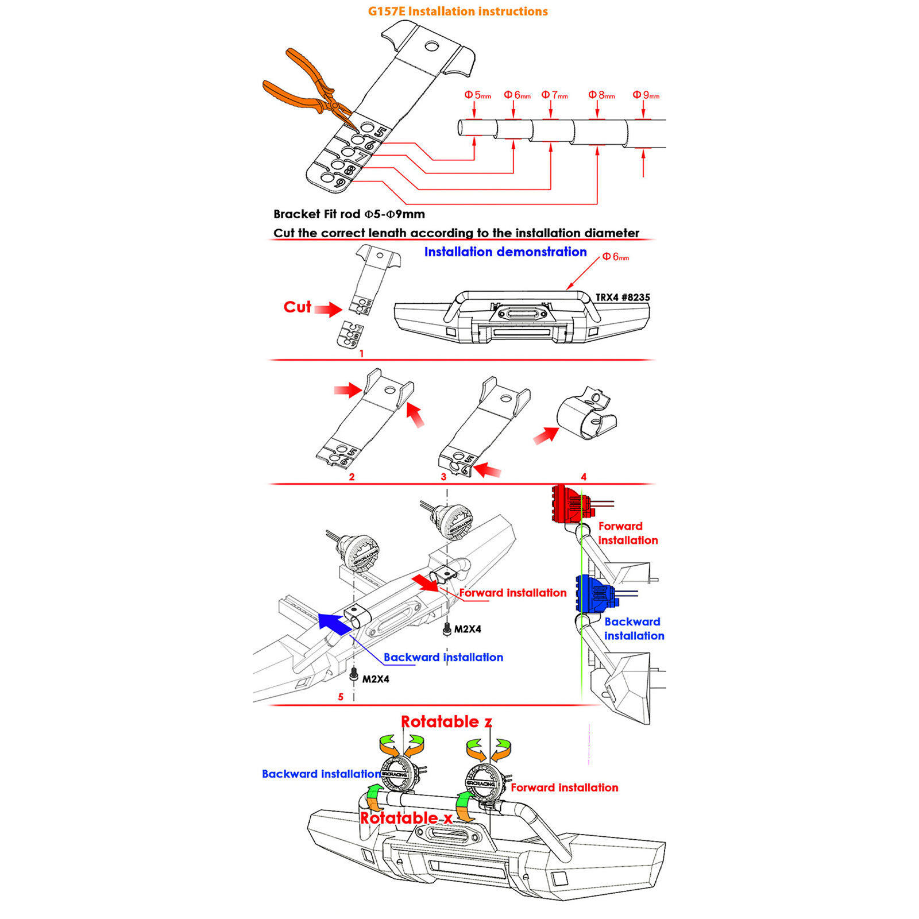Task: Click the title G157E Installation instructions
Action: pyautogui.click(x=458, y=11)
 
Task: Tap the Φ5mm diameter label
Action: pyautogui.click(x=477, y=95)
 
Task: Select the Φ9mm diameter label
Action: pyautogui.click(x=646, y=95)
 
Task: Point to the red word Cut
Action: pyautogui.click(x=297, y=307)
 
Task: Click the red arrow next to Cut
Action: pyautogui.click(x=329, y=310)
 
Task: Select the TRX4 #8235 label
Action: pyautogui.click(x=623, y=298)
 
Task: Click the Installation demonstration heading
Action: pyautogui.click(x=505, y=252)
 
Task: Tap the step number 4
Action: pyautogui.click(x=584, y=477)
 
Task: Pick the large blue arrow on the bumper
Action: pyautogui.click(x=334, y=624)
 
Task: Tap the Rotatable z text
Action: pyautogui.click(x=446, y=722)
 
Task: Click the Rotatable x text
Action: pyautogui.click(x=406, y=818)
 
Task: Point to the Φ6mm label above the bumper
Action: pyautogui.click(x=615, y=257)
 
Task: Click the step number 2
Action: pyautogui.click(x=352, y=477)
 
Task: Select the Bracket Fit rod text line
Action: pyautogui.click(x=349, y=214)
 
